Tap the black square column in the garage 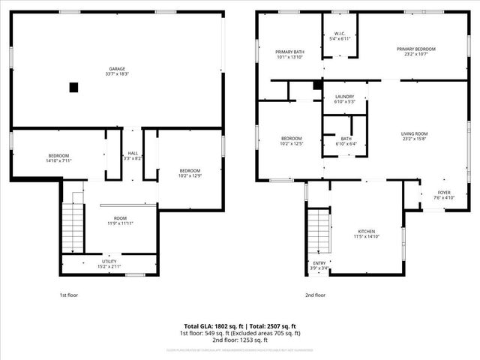click(x=73, y=87)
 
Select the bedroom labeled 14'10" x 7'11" click(x=58, y=157)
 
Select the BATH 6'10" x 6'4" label click(x=345, y=141)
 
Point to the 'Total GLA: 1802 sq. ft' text click(x=213, y=326)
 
